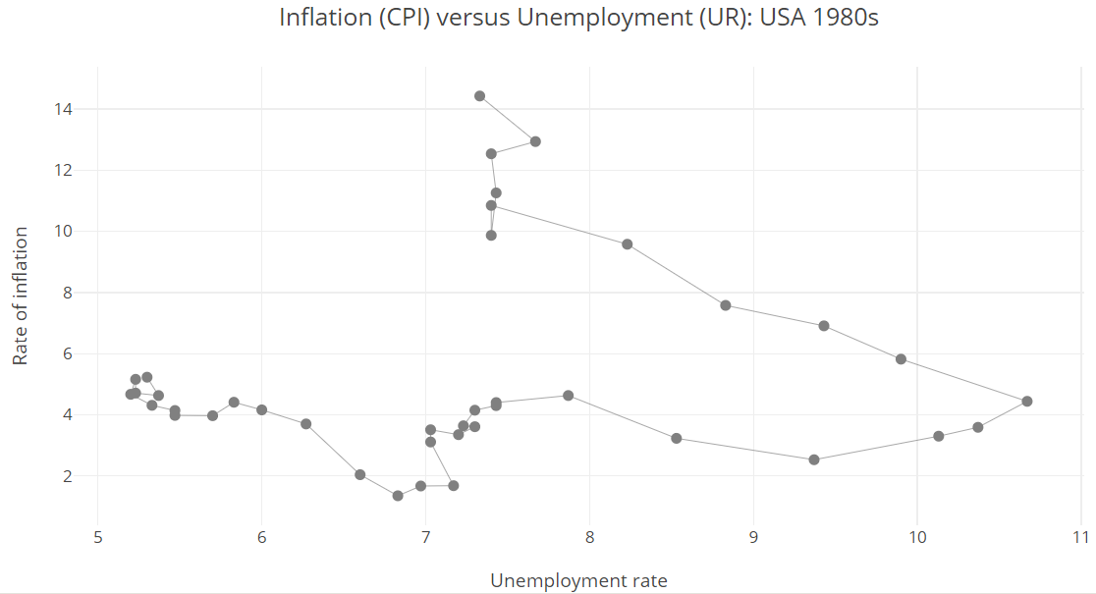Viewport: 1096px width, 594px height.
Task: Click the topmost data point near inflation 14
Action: [x=479, y=96]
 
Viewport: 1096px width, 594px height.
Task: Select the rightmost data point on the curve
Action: [x=1027, y=401]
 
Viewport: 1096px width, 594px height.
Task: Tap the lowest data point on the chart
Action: [x=398, y=496]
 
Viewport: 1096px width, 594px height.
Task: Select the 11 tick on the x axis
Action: [x=1081, y=537]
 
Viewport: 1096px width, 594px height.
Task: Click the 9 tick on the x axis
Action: [x=753, y=537]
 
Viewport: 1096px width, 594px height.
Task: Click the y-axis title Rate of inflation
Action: [x=21, y=296]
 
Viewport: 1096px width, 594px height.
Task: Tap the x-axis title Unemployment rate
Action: [x=578, y=580]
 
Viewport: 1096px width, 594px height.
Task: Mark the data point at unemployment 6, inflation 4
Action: [x=261, y=409]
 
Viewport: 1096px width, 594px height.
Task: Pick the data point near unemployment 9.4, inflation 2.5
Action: [x=814, y=459]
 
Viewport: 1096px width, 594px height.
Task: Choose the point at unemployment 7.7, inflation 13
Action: [x=535, y=141]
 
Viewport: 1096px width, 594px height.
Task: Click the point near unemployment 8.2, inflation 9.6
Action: [x=628, y=244]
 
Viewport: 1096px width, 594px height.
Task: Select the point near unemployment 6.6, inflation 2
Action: [x=360, y=474]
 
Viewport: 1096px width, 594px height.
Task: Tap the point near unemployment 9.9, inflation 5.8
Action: [x=901, y=359]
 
